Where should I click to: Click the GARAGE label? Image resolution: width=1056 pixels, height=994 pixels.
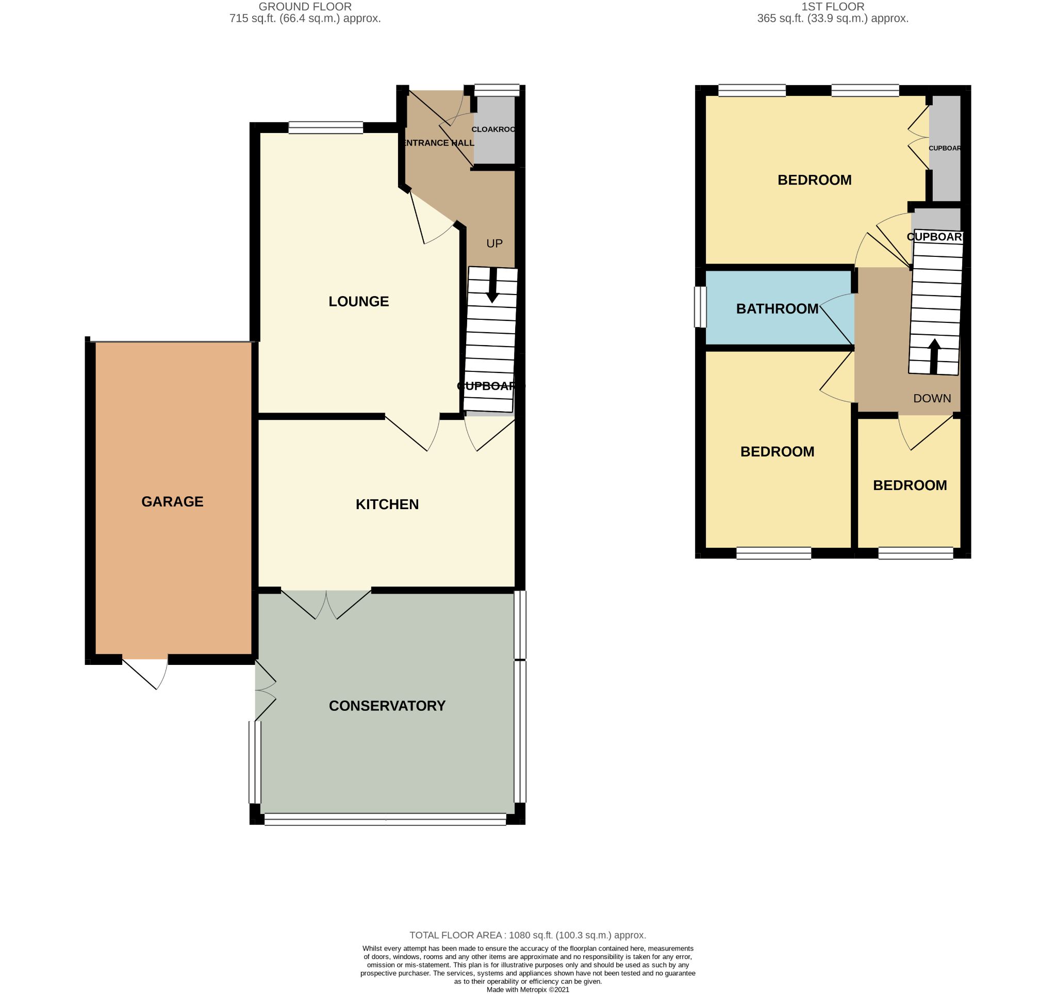(x=172, y=501)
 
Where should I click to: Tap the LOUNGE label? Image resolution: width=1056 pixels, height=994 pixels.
(x=358, y=301)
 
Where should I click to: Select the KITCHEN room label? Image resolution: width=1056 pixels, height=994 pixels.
(x=387, y=504)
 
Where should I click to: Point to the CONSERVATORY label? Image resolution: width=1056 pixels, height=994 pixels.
(x=387, y=706)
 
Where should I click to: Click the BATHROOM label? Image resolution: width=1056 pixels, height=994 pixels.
(x=777, y=308)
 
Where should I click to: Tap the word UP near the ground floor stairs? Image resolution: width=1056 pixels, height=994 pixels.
(x=494, y=243)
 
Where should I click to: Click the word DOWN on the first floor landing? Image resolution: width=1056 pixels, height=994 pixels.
(x=932, y=398)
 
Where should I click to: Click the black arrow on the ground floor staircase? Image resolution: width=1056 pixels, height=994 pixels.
(x=493, y=287)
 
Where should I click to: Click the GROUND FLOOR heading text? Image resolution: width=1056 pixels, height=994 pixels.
(x=305, y=7)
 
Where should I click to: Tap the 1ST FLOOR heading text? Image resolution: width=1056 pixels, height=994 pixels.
(x=832, y=7)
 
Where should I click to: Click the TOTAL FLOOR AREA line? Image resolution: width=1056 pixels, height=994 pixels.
(x=527, y=935)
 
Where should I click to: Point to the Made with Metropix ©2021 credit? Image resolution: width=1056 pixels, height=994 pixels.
(x=527, y=989)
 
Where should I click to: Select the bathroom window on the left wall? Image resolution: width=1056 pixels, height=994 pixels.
(x=701, y=307)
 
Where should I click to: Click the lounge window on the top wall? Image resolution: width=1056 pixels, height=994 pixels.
(x=326, y=127)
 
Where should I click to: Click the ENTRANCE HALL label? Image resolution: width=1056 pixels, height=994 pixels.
(x=439, y=143)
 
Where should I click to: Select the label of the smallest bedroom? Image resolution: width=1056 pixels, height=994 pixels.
(x=910, y=485)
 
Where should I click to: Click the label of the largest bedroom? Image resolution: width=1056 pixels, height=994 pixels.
(x=814, y=180)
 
